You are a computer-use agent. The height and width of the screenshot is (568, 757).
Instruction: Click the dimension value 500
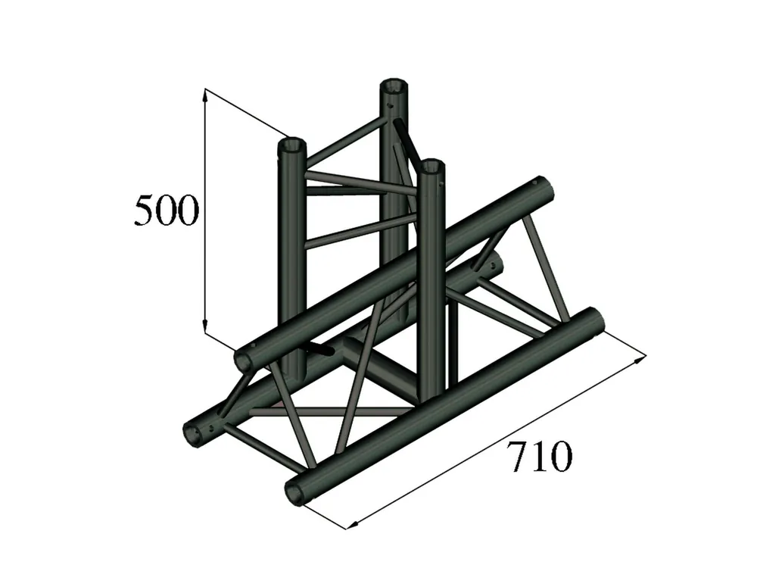166,211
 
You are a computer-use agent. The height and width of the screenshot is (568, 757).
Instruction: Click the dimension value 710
539,457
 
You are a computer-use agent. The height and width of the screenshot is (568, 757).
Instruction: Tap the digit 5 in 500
144,211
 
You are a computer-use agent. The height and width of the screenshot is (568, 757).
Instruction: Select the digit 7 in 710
517,457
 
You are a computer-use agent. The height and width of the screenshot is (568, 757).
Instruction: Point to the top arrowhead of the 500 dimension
205,97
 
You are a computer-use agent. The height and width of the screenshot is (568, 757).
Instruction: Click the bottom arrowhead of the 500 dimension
205,326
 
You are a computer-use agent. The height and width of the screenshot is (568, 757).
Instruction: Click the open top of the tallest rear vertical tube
394,86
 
